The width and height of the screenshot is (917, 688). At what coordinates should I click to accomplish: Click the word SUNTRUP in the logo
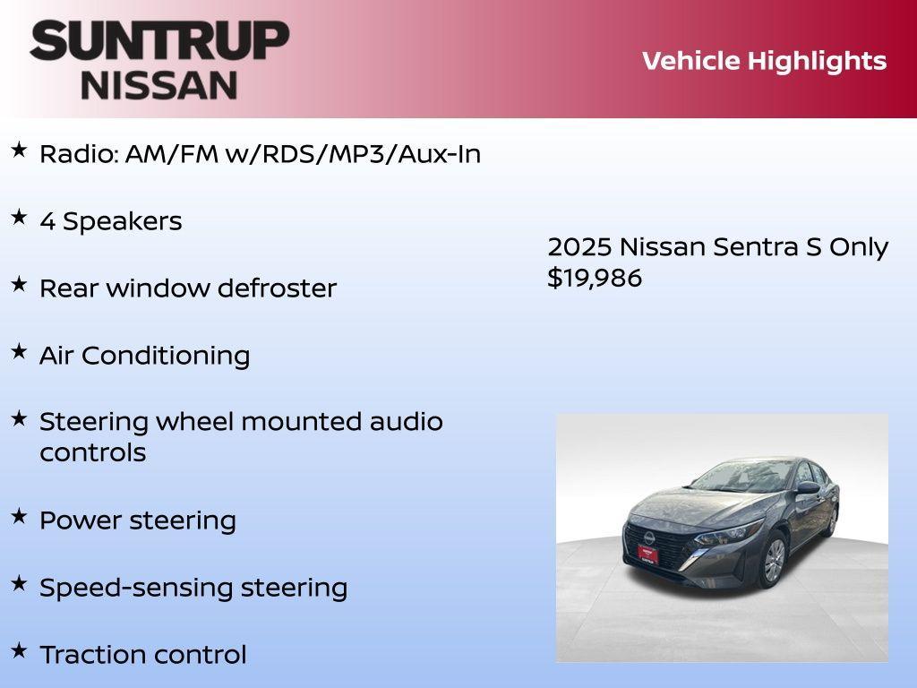pos(159,41)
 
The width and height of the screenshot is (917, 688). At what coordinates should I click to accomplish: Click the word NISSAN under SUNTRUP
pos(159,84)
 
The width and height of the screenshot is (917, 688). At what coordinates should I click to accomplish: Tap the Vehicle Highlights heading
pos(764,61)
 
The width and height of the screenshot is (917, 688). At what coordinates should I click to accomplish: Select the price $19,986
pos(595,278)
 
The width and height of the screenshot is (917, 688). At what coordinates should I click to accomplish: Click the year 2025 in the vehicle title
pos(579,246)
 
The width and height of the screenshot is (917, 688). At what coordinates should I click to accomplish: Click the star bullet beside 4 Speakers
pos(19,217)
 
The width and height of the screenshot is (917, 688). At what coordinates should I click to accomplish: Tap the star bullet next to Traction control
pos(19,649)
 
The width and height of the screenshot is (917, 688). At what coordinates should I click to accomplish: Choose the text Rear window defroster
pos(188,288)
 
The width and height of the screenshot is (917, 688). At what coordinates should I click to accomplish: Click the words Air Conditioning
pos(144,356)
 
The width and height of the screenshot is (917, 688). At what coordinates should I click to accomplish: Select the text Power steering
pos(138,520)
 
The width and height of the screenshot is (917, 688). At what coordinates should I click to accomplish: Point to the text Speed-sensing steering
pos(193,588)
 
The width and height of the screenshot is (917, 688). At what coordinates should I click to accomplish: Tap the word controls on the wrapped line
pos(92,452)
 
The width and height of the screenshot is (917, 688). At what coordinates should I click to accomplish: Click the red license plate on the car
pos(647,554)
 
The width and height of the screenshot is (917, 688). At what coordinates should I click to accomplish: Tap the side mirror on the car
pos(808,488)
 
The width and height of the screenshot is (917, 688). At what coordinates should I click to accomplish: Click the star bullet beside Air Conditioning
pos(19,351)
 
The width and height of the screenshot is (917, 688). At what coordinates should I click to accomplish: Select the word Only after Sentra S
pos(858,246)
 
